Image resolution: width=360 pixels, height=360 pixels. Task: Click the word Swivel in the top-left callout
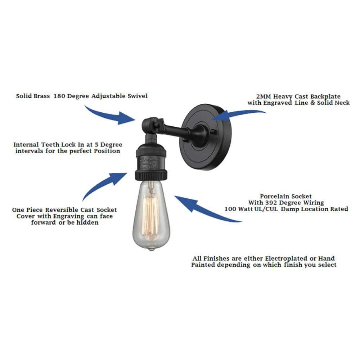pos(135,96)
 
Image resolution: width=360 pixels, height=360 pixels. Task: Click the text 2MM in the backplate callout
pos(265,96)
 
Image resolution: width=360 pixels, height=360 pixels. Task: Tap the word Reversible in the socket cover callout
pos(64,210)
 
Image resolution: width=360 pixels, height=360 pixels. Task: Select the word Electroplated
pos(276,258)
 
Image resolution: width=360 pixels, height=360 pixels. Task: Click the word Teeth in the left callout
pos(54,145)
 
